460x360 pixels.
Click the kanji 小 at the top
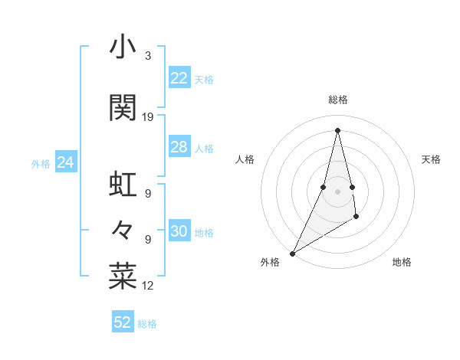click(123, 48)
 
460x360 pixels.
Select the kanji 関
click(123, 108)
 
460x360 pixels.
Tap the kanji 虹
click(123, 185)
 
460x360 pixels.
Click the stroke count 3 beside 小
click(147, 57)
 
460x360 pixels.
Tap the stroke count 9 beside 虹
click(147, 194)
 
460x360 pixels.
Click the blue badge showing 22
click(179, 78)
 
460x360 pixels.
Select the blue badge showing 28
click(179, 147)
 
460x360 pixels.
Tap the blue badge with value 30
click(179, 232)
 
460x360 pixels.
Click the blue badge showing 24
click(66, 162)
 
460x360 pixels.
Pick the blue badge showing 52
click(123, 322)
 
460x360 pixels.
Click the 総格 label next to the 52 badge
click(147, 324)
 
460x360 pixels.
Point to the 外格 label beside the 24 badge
click(41, 163)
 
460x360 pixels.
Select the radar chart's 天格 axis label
click(431, 159)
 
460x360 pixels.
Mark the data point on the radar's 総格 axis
click(337, 129)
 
